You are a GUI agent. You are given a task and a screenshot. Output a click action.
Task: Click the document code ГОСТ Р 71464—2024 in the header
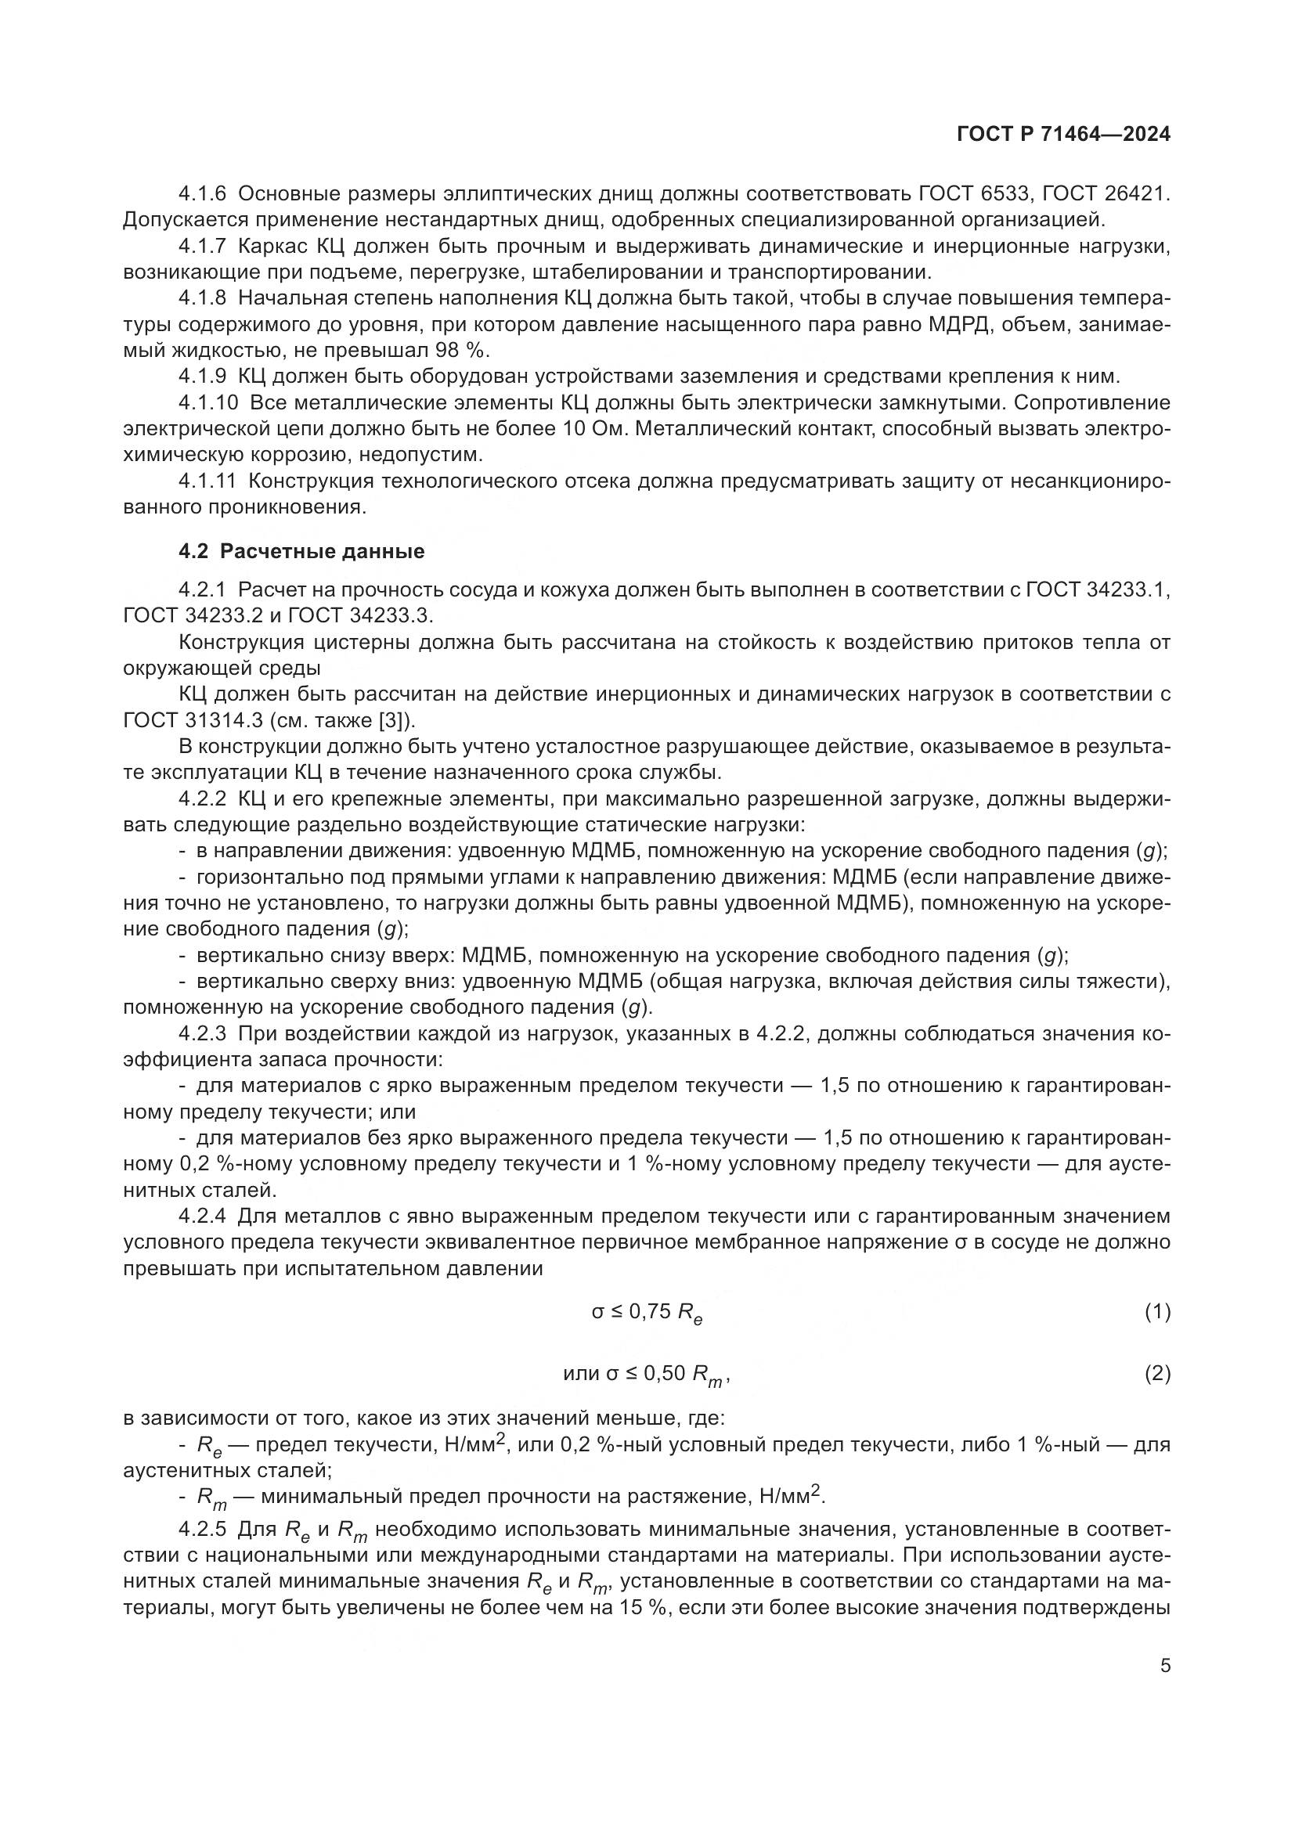[1063, 135]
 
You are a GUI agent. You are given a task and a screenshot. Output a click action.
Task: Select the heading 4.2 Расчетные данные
[301, 551]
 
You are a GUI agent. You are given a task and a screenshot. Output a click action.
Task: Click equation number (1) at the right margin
[1157, 1311]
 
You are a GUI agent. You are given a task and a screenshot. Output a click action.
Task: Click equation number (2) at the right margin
[1157, 1373]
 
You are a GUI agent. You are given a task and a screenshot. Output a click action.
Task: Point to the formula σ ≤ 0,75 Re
[647, 1313]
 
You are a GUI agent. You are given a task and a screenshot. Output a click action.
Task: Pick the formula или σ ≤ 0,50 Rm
[646, 1374]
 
